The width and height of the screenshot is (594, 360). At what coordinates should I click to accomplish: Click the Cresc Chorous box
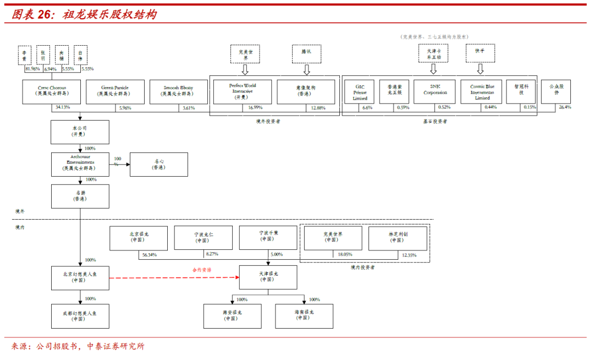tap(51, 91)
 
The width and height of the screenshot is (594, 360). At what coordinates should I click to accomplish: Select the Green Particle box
tap(115, 91)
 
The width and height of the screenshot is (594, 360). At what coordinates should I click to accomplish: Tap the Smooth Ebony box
tap(178, 91)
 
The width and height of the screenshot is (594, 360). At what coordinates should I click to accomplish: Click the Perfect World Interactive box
tap(242, 91)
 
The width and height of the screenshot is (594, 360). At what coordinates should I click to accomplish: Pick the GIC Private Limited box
tap(360, 92)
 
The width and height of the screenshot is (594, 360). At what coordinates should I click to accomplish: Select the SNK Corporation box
tap(435, 91)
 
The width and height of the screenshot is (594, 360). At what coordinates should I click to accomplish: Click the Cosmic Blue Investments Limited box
tap(482, 91)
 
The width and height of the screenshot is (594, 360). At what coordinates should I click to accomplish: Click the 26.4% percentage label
tap(565, 107)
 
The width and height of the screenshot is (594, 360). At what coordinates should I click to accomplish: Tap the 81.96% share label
tap(32, 69)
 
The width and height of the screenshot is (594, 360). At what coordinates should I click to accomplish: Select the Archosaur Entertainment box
tap(80, 164)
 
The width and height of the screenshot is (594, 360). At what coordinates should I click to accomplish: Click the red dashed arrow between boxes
tap(173, 277)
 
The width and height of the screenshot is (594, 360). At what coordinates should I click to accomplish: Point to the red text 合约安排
tap(202, 270)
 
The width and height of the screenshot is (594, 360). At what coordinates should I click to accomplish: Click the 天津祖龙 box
tap(268, 277)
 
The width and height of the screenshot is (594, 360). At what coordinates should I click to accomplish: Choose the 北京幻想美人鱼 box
tap(80, 277)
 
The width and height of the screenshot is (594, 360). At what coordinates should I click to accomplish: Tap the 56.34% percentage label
tap(149, 255)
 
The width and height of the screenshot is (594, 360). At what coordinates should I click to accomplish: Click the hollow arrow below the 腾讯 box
tap(306, 70)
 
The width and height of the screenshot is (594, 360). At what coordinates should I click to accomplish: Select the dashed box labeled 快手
tap(480, 53)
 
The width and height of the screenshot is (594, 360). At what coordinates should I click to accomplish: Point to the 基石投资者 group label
tap(435, 121)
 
